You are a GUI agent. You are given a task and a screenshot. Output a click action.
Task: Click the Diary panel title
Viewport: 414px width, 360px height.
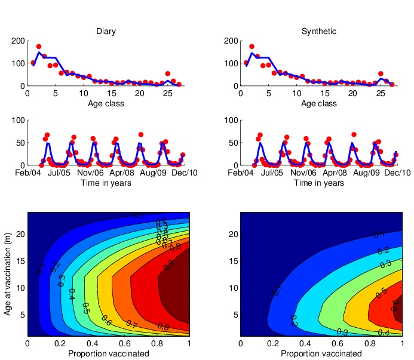pyautogui.click(x=106, y=31)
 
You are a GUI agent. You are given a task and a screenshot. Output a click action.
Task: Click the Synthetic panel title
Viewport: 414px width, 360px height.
pyautogui.click(x=319, y=31)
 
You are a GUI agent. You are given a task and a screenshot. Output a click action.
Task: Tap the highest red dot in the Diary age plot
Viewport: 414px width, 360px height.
pyautogui.click(x=39, y=47)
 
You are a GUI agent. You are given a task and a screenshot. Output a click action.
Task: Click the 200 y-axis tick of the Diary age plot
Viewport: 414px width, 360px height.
pyautogui.click(x=18, y=41)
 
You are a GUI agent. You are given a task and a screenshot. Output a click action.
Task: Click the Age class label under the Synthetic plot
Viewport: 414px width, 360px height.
pyautogui.click(x=319, y=104)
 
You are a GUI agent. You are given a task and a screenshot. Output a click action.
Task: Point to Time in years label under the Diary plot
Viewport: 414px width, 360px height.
pyautogui.click(x=106, y=183)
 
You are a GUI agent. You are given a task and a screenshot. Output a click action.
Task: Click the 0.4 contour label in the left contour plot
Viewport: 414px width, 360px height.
pyautogui.click(x=72, y=294)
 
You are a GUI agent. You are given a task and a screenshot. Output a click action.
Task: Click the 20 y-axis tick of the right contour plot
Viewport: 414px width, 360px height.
pyautogui.click(x=233, y=235)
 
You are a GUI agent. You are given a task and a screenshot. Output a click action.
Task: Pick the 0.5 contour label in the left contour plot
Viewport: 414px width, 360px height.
pyautogui.click(x=86, y=308)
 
